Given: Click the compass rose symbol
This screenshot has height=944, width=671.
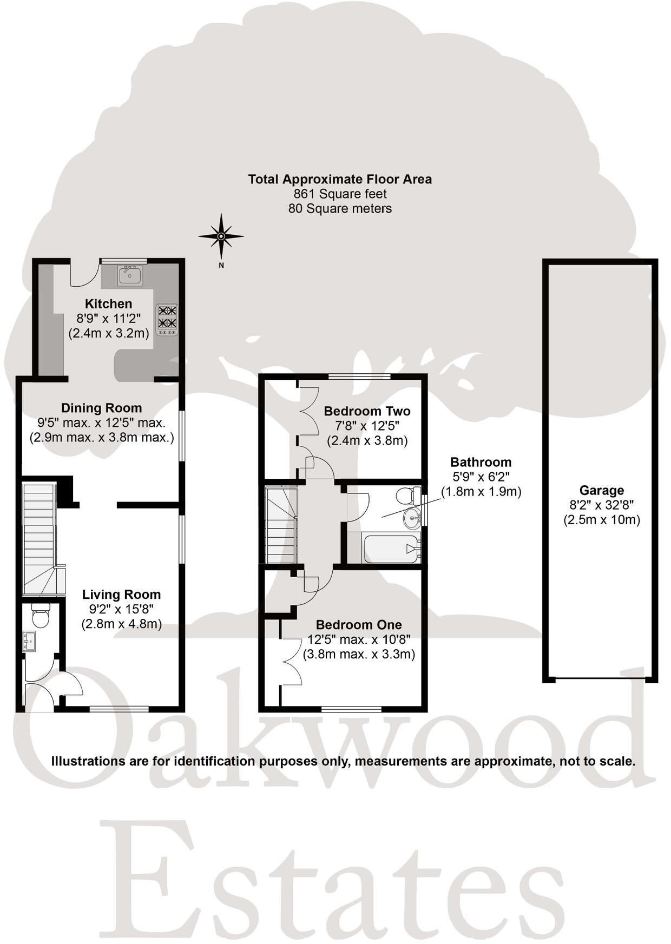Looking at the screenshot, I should click(x=221, y=236).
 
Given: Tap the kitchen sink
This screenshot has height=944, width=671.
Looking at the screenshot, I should click(x=130, y=275).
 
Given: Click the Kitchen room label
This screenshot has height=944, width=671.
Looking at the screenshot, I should click(x=108, y=303).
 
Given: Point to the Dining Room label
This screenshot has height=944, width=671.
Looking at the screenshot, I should click(x=101, y=408).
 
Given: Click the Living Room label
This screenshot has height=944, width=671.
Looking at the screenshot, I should click(x=121, y=595).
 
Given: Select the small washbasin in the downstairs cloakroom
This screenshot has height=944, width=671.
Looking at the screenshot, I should click(x=29, y=641).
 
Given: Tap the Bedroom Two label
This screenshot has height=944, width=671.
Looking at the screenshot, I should click(x=367, y=411).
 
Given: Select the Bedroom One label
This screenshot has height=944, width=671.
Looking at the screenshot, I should click(x=359, y=625).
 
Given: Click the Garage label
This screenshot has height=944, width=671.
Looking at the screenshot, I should click(x=601, y=490).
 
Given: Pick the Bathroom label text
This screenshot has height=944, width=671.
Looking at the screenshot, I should click(x=481, y=462).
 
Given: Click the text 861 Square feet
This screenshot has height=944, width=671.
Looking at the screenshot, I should click(x=340, y=194).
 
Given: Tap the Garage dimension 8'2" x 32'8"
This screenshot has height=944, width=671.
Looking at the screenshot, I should click(x=601, y=505).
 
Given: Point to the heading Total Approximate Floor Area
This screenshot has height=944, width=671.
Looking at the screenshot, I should click(x=340, y=179).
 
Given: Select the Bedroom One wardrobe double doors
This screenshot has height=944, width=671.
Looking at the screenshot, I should click(x=291, y=661).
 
